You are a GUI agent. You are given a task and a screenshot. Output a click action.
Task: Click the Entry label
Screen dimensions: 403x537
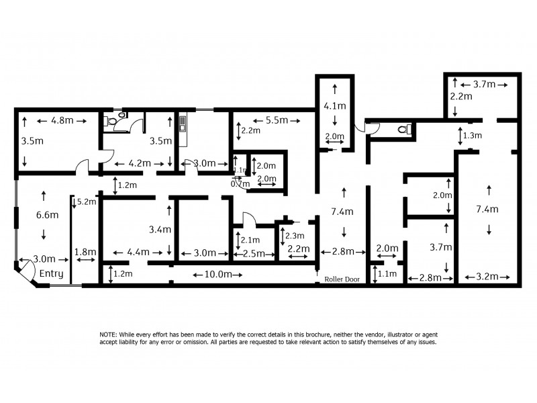51,274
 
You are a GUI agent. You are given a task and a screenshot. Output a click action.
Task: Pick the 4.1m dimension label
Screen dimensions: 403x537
334,106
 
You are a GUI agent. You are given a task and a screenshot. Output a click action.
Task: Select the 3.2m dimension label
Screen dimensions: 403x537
488,277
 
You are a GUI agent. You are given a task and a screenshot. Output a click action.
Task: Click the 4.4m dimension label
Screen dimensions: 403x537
138,253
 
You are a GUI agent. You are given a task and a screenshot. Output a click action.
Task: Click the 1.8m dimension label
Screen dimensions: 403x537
85,253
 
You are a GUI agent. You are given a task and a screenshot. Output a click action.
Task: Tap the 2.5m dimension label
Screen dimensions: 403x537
254,253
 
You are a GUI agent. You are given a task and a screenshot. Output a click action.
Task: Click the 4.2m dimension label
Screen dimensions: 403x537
138,163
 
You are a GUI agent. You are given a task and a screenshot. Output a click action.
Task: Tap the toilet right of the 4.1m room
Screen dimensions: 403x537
403,129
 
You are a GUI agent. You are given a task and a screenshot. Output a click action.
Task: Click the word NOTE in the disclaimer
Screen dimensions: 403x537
108,334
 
